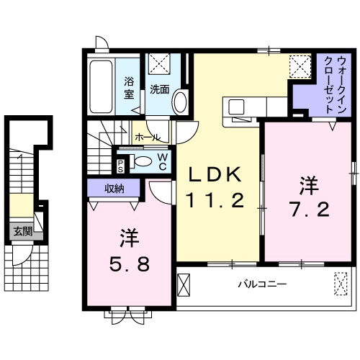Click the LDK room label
214,175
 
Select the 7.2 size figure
310,210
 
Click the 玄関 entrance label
22,232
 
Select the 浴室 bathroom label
130,88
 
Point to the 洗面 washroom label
158,89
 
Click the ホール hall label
147,136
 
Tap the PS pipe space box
120,165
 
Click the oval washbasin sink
180,101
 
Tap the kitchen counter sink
238,107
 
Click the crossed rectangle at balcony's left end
185,287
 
